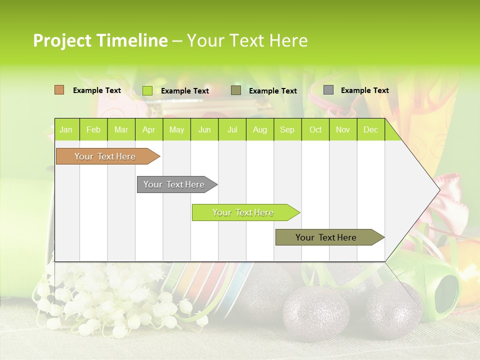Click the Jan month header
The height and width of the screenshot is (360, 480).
(x=66, y=130)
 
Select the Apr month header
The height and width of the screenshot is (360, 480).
(x=148, y=130)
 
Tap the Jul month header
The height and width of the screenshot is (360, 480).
(x=232, y=130)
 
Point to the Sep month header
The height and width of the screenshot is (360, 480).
(x=287, y=130)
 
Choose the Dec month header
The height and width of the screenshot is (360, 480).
(x=370, y=130)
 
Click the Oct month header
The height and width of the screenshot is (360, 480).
(x=315, y=130)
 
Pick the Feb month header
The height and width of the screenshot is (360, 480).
(x=93, y=130)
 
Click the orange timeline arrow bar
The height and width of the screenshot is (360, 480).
(x=105, y=156)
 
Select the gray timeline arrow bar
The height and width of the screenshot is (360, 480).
(x=174, y=184)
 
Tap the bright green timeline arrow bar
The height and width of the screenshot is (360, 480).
(x=243, y=212)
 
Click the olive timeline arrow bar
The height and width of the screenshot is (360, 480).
(x=326, y=237)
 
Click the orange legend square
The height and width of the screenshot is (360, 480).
(x=59, y=90)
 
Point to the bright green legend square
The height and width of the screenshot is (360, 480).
(x=147, y=90)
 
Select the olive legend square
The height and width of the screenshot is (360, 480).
(x=236, y=90)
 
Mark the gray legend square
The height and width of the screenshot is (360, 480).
(x=328, y=90)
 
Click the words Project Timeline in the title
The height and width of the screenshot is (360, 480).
(x=100, y=40)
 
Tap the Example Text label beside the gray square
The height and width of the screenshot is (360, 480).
(x=364, y=90)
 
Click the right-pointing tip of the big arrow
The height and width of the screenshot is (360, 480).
(x=437, y=190)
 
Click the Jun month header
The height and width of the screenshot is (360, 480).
(x=204, y=130)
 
